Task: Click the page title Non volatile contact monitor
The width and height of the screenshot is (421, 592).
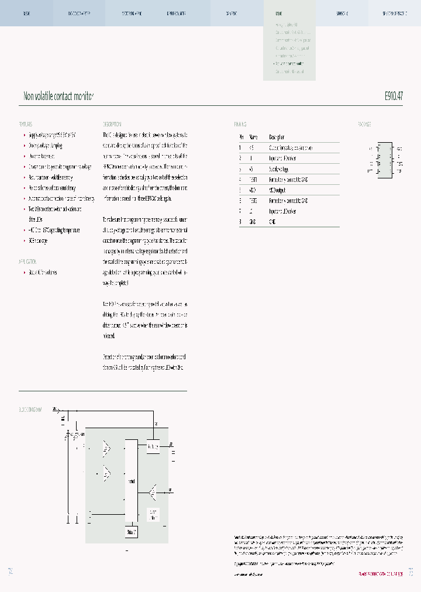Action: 58,96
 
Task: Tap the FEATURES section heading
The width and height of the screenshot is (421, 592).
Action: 26,125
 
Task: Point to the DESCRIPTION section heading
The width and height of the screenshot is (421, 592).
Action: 112,125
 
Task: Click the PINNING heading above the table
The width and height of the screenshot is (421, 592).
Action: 240,125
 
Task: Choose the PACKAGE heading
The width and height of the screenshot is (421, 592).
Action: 364,125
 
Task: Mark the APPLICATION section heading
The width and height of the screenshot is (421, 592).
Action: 29,262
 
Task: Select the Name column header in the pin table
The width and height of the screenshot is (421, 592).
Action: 253,137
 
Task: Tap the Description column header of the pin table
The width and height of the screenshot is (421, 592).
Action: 277,137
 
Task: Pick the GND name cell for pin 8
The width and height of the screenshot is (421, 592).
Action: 253,222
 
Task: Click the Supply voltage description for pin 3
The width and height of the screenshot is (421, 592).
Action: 279,168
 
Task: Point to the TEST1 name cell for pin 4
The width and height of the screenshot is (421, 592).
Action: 253,179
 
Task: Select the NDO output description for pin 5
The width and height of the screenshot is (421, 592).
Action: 279,190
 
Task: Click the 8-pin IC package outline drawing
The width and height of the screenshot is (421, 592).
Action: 384,160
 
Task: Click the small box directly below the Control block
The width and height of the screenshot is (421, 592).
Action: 132,532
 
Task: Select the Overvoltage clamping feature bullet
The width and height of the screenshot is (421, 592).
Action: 46,146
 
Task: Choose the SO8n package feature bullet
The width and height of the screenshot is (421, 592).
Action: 39,241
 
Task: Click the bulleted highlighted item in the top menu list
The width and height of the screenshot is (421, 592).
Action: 291,63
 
